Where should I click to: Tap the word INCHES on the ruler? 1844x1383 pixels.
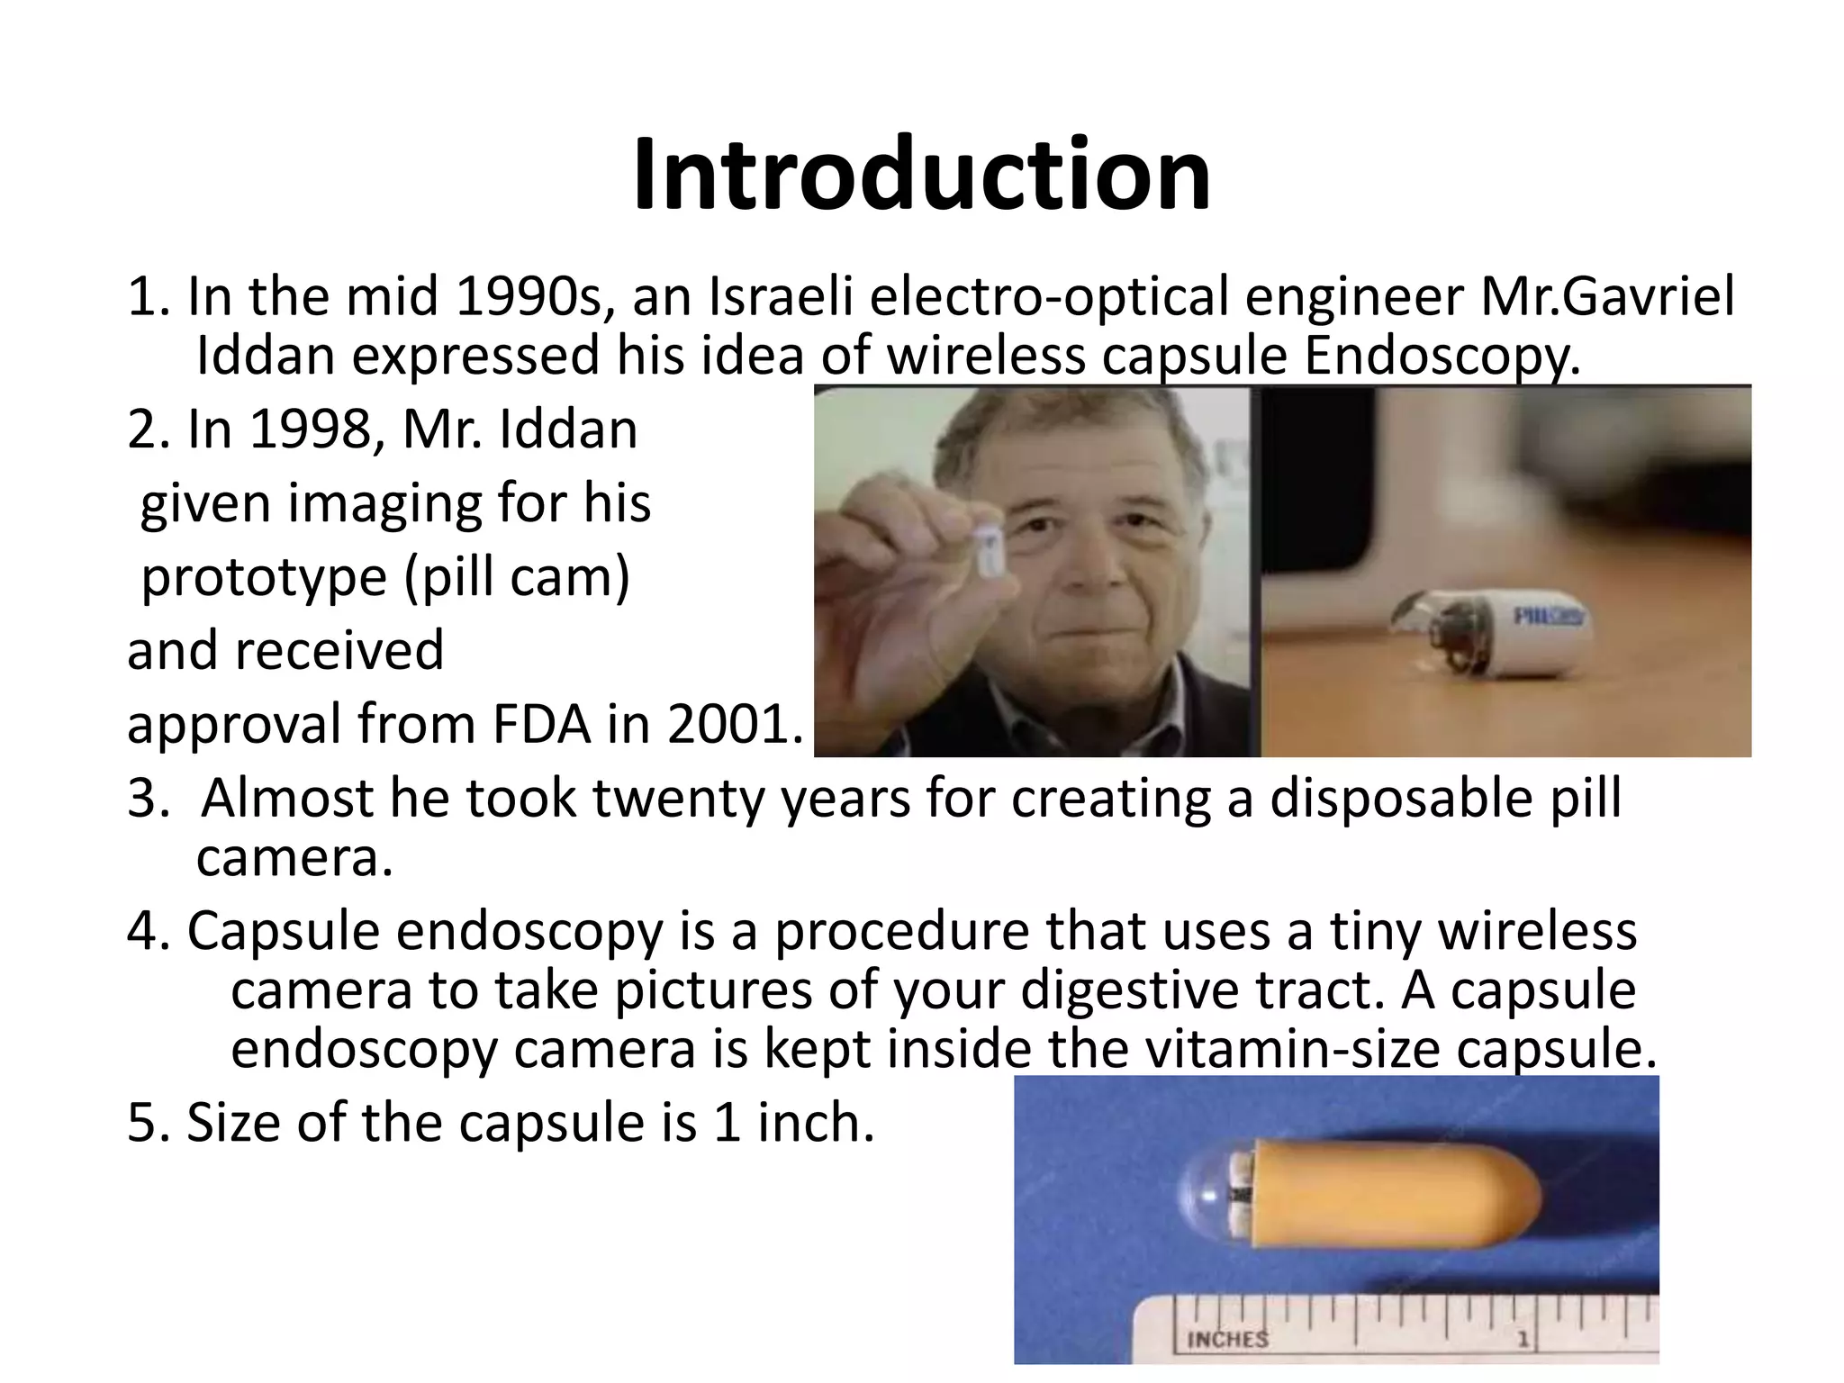[x=1227, y=1339]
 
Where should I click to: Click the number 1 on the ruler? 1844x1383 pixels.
[x=1522, y=1340]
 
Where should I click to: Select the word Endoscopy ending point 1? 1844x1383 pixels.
[x=1442, y=357]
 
